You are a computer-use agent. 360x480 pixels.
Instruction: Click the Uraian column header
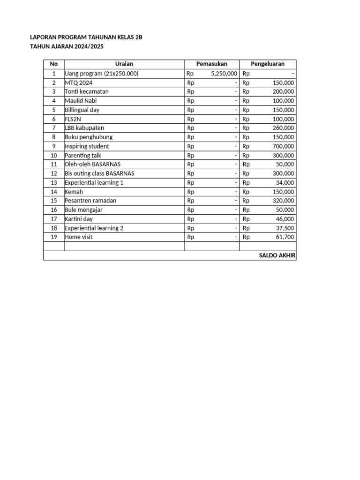pyautogui.click(x=124, y=64)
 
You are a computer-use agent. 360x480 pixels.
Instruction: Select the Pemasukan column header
pyautogui.click(x=212, y=64)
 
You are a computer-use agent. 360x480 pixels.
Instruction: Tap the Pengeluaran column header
pyautogui.click(x=268, y=64)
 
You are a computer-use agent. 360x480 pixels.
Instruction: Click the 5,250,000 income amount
pyautogui.click(x=224, y=74)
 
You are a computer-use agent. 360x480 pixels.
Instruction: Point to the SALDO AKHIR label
pyautogui.click(x=277, y=255)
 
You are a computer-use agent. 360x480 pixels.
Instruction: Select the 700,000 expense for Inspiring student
pyautogui.click(x=283, y=146)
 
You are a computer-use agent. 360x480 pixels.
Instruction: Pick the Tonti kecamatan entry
pyautogui.click(x=87, y=91)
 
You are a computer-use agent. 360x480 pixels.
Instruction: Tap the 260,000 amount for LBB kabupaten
pyautogui.click(x=283, y=128)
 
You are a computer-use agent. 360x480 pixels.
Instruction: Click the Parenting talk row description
pyautogui.click(x=83, y=155)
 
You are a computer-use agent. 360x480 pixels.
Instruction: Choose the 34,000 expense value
pyautogui.click(x=285, y=182)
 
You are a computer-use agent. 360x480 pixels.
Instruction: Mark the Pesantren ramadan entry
pyautogui.click(x=90, y=201)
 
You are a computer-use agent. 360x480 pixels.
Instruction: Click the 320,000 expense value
pyautogui.click(x=283, y=201)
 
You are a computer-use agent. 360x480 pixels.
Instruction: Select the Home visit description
pyautogui.click(x=79, y=237)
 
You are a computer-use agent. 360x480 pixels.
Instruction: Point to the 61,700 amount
pyautogui.click(x=285, y=237)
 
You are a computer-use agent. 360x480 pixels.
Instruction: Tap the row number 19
pyautogui.click(x=54, y=237)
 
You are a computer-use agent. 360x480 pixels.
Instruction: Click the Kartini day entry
pyautogui.click(x=79, y=219)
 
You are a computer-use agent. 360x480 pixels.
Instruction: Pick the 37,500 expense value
pyautogui.click(x=285, y=228)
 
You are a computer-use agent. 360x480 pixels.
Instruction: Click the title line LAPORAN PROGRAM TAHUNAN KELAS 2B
pyautogui.click(x=86, y=37)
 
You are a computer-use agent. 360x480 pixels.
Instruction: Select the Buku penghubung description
pyautogui.click(x=89, y=137)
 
